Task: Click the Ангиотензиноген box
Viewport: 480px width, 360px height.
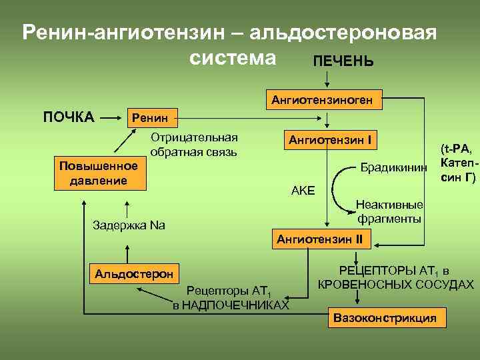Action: (325, 100)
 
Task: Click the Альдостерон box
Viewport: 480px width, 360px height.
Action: (134, 273)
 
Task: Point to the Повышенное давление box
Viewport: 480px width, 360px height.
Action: (99, 173)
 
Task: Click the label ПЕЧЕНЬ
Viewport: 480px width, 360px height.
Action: (343, 61)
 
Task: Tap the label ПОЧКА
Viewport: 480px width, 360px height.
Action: (69, 118)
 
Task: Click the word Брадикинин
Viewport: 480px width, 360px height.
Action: (393, 167)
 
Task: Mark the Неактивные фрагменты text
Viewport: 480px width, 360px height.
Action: (389, 211)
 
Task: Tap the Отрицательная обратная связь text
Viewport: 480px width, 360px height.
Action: (194, 145)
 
